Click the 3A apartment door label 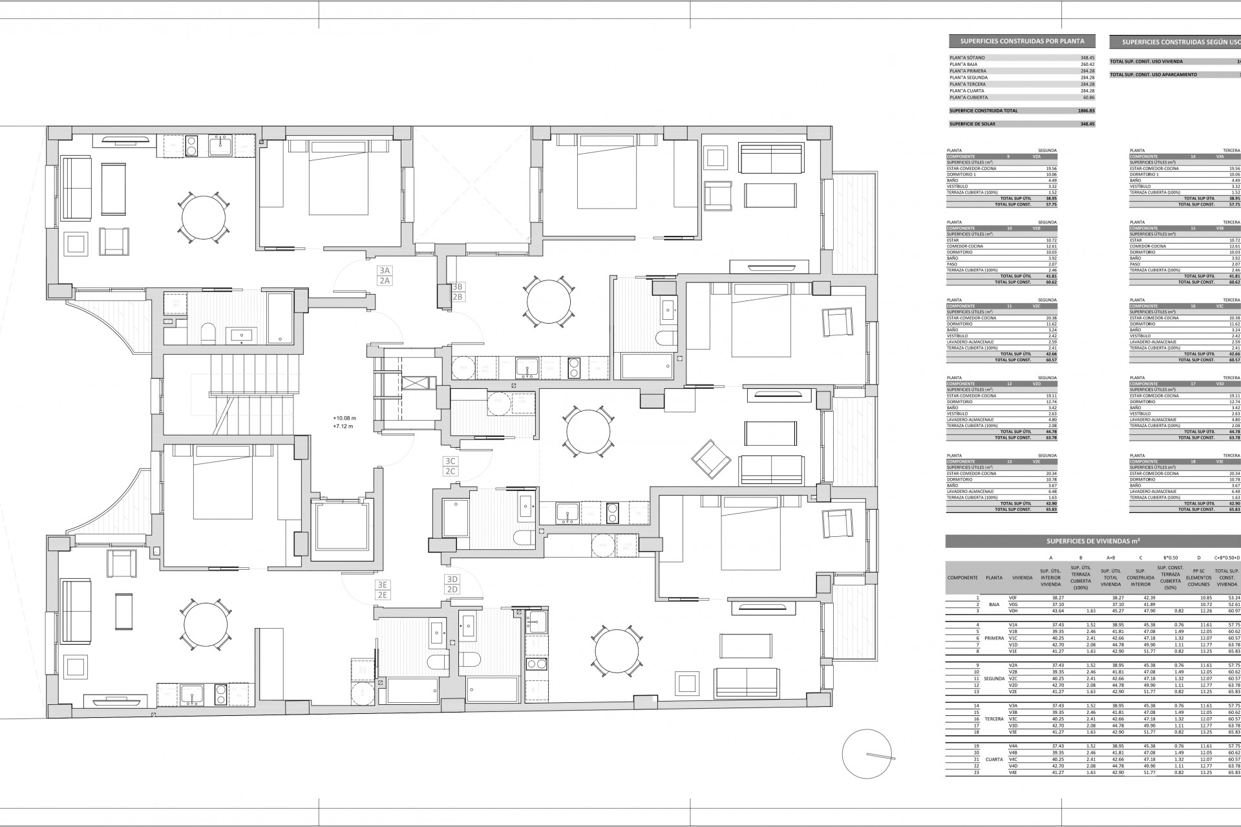(385, 271)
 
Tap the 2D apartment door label (452, 589)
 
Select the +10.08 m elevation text (345, 418)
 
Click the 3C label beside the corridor (451, 461)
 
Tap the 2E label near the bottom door (383, 595)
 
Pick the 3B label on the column (458, 286)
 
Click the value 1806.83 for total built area (1087, 110)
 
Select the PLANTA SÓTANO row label (968, 58)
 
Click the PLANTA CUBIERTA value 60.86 (1088, 97)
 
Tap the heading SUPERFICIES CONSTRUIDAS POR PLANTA (1022, 41)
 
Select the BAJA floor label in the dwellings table (995, 604)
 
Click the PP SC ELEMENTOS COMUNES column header (1198, 578)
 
